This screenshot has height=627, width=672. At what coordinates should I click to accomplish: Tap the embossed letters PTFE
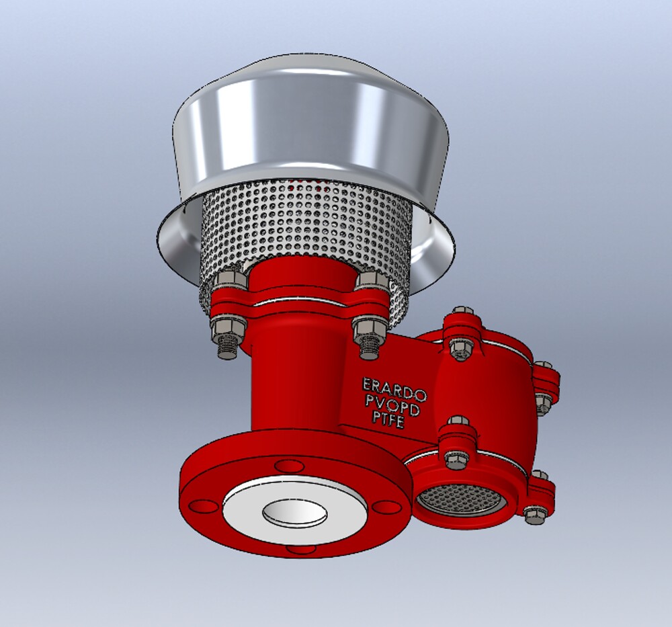(x=388, y=419)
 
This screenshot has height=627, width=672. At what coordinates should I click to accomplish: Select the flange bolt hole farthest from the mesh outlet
(x=200, y=505)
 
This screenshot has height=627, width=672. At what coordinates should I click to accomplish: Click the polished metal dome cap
(x=309, y=128)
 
